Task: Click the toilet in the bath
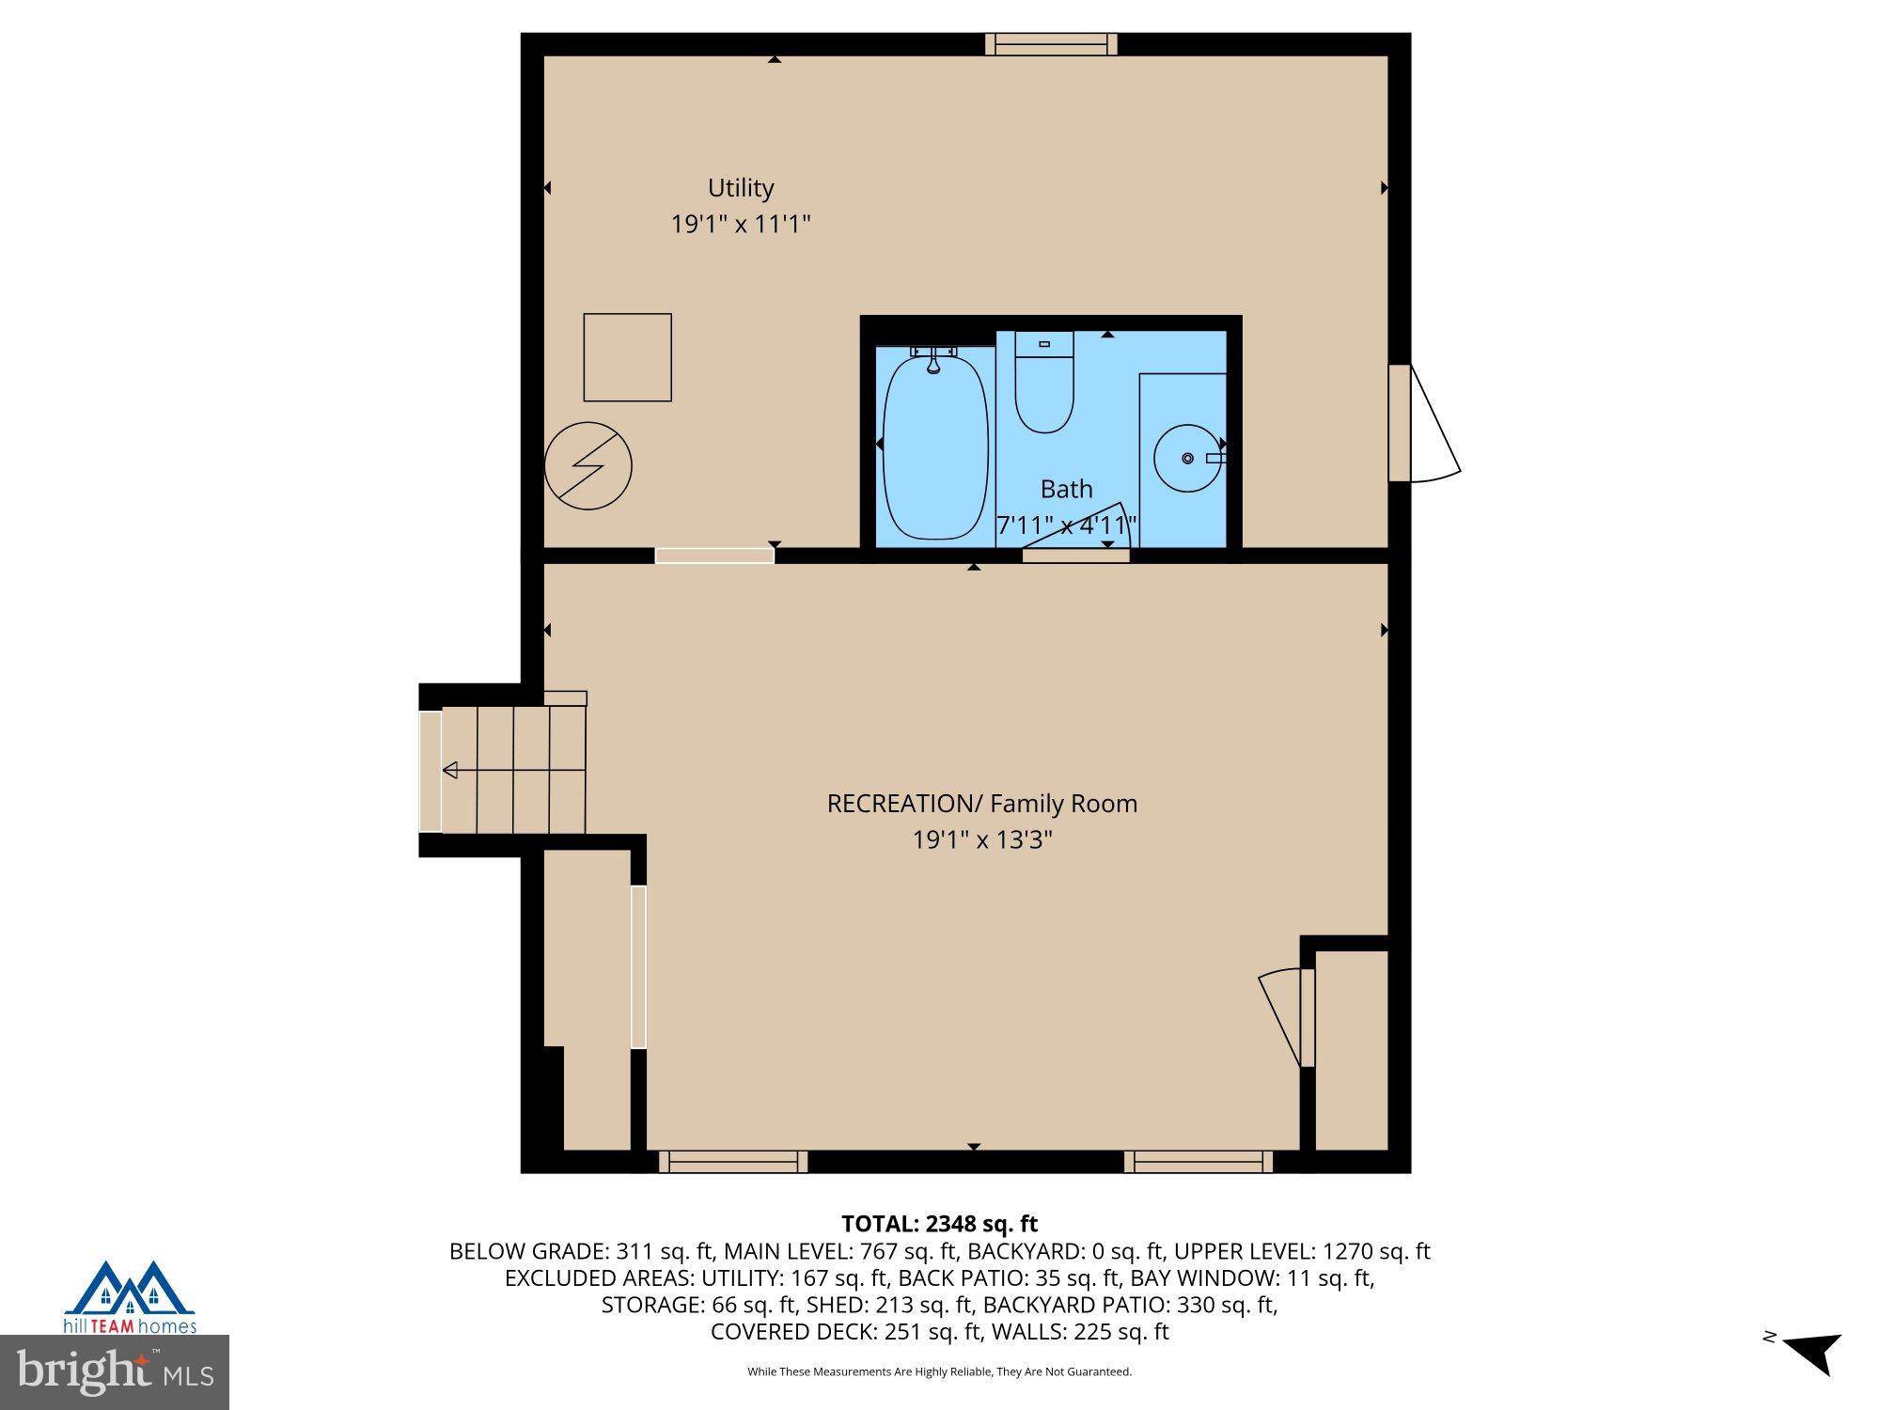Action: pyautogui.click(x=1044, y=385)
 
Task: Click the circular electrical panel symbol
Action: pyautogui.click(x=588, y=466)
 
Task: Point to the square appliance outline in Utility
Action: pyautogui.click(x=627, y=357)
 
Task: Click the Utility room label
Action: pyautogui.click(x=741, y=188)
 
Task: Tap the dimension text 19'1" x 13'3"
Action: pyautogui.click(x=981, y=839)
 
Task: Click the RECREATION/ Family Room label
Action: pyautogui.click(x=981, y=804)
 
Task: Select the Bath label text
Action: pyautogui.click(x=1066, y=489)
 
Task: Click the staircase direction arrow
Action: pyautogui.click(x=450, y=771)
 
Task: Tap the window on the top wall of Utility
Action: pyautogui.click(x=1051, y=44)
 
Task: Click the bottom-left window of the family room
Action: pyautogui.click(x=733, y=1162)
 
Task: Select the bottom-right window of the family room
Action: pyautogui.click(x=1198, y=1162)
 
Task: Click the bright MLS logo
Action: pyautogui.click(x=115, y=1372)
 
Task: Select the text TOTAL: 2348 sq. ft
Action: pyautogui.click(x=939, y=1224)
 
